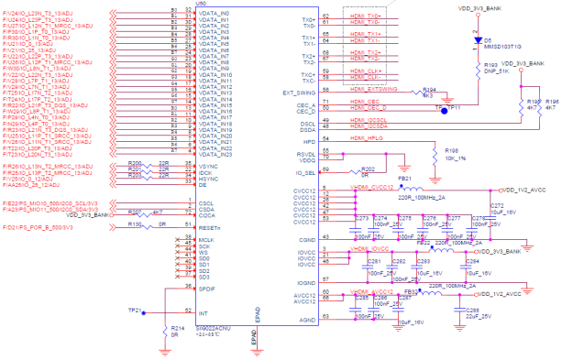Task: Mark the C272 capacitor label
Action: pos(498,205)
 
